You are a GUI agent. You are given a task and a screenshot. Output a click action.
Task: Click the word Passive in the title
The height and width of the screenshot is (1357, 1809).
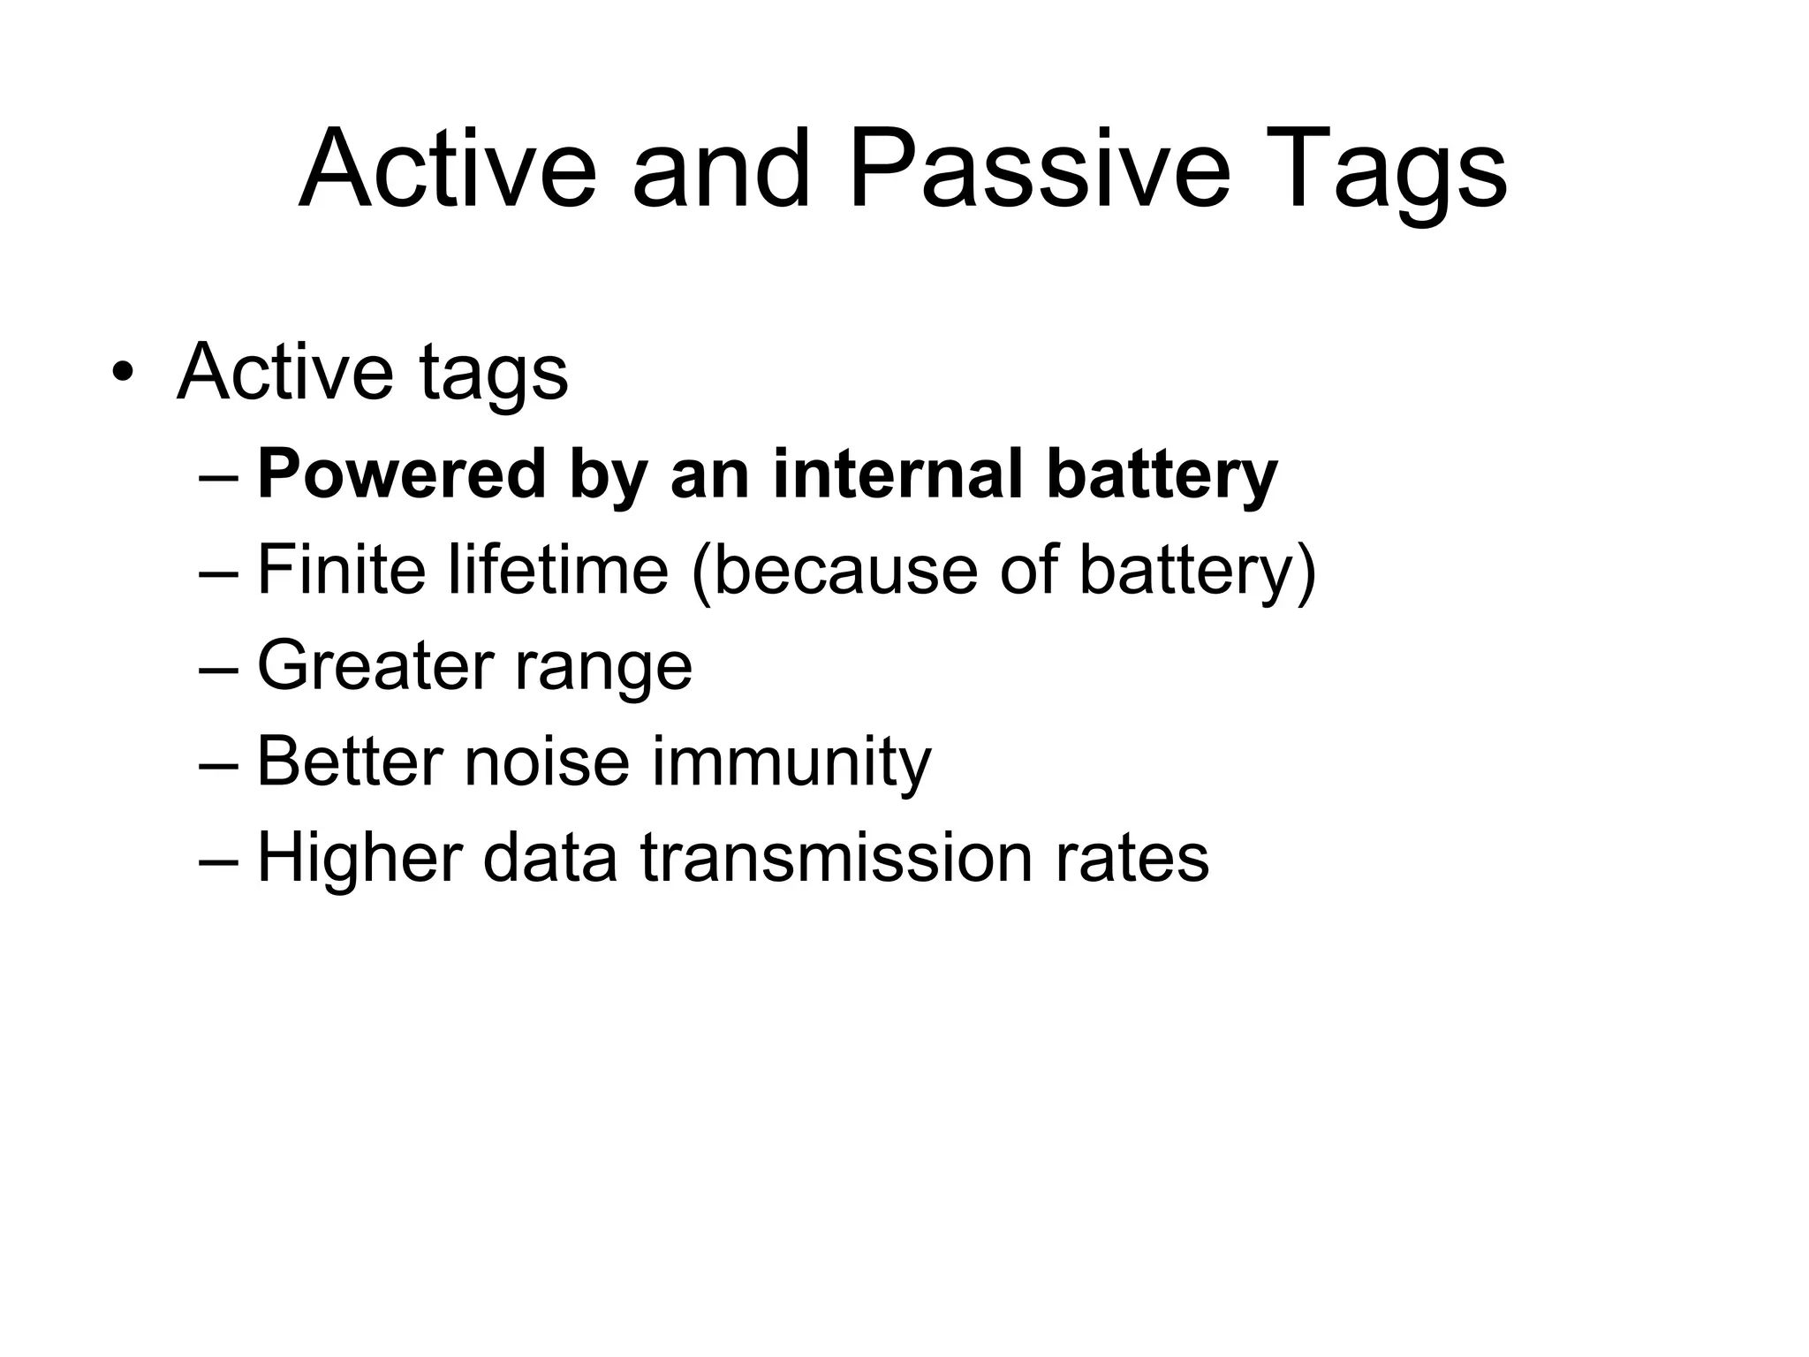(1039, 170)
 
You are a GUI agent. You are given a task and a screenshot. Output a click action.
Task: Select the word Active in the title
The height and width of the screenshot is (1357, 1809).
(448, 170)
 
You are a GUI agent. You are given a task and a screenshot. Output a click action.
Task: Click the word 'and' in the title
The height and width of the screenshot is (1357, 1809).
(720, 170)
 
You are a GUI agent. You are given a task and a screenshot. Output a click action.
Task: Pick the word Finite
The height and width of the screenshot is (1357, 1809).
(341, 570)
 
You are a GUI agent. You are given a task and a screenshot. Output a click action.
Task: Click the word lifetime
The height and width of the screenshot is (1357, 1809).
(558, 570)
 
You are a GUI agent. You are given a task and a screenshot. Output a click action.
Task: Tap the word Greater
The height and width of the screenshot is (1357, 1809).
(374, 665)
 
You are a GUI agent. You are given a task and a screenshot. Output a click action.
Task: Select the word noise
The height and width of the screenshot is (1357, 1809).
(547, 762)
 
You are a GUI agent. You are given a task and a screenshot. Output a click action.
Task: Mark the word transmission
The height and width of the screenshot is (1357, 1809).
(836, 857)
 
